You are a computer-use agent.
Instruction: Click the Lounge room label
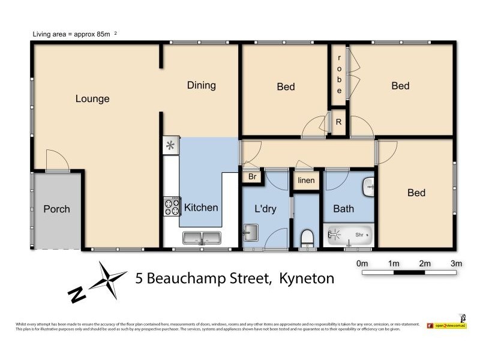(x=92, y=98)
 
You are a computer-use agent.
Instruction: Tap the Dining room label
(x=201, y=85)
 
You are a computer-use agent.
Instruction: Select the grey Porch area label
(x=56, y=209)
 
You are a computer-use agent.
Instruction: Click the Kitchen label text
(x=201, y=208)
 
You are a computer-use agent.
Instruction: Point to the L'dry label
(x=265, y=209)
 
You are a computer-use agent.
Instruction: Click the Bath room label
(x=343, y=209)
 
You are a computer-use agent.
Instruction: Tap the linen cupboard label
(x=306, y=181)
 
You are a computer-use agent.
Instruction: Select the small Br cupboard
(x=252, y=178)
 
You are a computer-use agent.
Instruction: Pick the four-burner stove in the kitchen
(x=172, y=206)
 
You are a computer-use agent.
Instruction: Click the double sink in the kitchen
(x=202, y=238)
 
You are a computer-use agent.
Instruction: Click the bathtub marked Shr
(x=350, y=235)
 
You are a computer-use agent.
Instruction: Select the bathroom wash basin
(x=369, y=187)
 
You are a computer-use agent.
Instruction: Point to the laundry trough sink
(x=251, y=232)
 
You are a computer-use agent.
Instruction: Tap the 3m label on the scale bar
(x=455, y=263)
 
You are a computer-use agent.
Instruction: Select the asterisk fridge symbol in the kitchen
(x=170, y=145)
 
